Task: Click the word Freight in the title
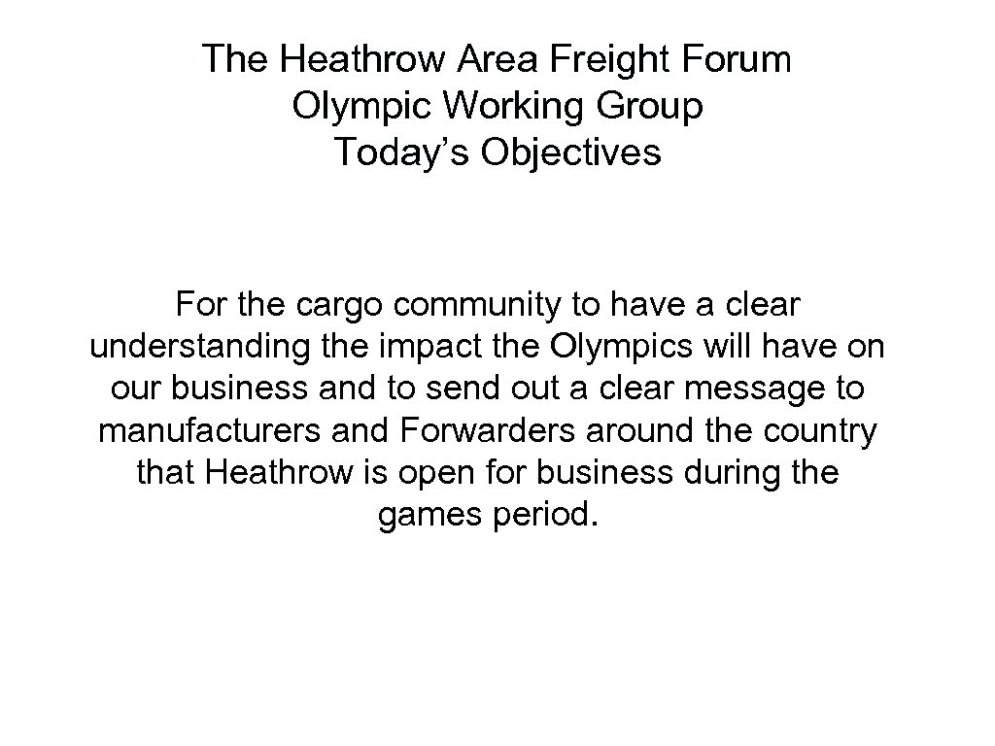tap(599, 60)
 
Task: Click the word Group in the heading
tap(652, 107)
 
